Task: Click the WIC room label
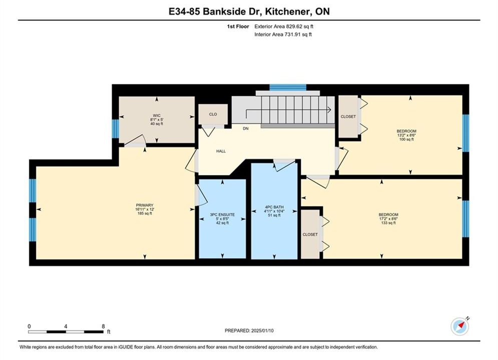pos(157,115)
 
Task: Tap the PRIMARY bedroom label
pos(145,205)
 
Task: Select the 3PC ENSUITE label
pos(222,214)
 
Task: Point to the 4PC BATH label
pos(274,207)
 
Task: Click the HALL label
pos(221,151)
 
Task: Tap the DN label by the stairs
pos(246,128)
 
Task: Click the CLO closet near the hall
pos(213,114)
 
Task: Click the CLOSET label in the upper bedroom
pos(348,116)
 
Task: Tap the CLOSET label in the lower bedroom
pos(310,234)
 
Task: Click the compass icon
pos(459,326)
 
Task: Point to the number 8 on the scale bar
pos(103,326)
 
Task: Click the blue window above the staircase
pos(288,87)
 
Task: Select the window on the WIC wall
pos(116,129)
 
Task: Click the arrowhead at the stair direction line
pos(330,109)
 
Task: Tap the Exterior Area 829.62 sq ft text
pos(284,26)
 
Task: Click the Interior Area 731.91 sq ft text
pos(283,34)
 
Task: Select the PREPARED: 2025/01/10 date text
pos(249,330)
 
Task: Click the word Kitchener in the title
pos(287,11)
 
